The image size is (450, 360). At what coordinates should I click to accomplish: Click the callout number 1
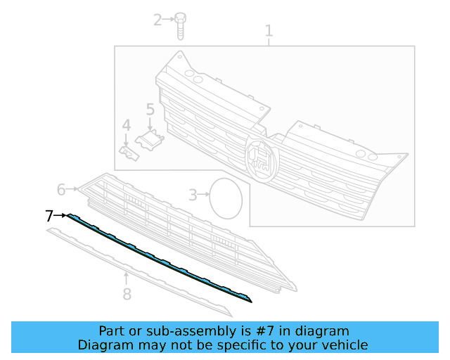[x=268, y=31]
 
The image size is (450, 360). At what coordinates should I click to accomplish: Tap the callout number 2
[x=157, y=20]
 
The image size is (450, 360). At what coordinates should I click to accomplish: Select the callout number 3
[x=193, y=195]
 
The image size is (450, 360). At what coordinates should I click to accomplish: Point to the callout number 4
[x=127, y=126]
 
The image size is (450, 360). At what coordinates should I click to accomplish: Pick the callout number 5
[x=150, y=109]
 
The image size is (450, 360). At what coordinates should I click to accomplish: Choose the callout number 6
[x=61, y=189]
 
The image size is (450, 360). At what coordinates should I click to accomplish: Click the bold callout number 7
[x=49, y=216]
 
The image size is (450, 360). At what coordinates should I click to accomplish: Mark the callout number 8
[x=127, y=294]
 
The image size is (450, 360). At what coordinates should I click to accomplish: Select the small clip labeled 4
[x=129, y=153]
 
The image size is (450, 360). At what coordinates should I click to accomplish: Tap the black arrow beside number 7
[x=61, y=215]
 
